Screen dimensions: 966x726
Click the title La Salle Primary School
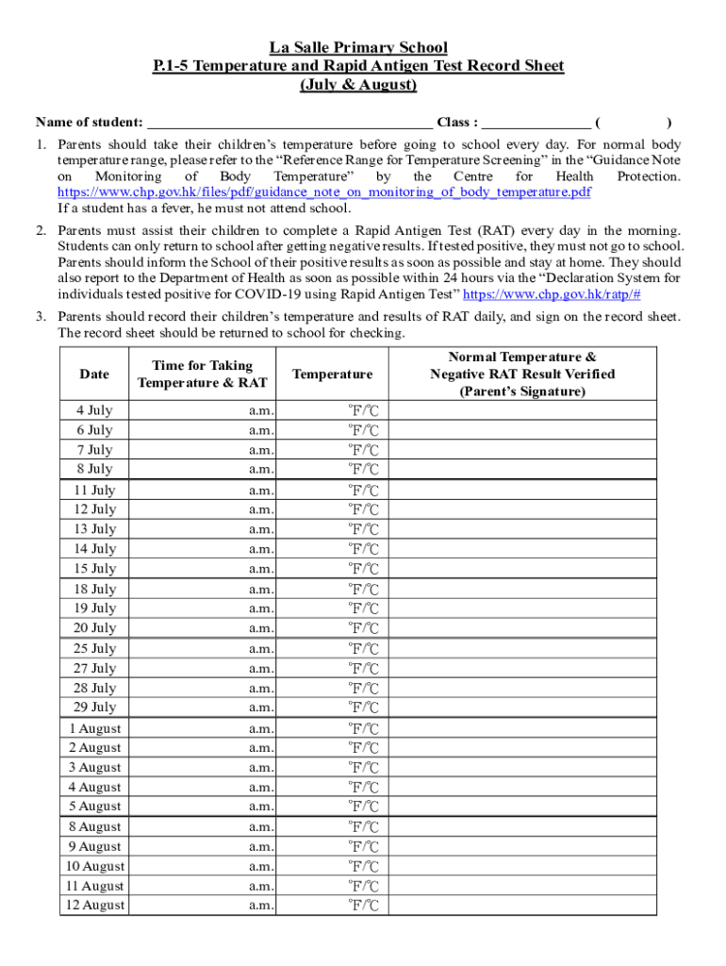click(x=358, y=47)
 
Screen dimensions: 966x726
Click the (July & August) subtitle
click(x=358, y=85)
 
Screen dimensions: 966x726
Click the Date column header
click(x=94, y=375)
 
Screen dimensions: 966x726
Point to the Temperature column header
click(x=333, y=375)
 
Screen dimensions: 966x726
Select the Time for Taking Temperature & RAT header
click(x=202, y=375)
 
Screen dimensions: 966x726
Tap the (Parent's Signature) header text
click(x=522, y=391)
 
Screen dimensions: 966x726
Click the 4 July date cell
click(x=94, y=410)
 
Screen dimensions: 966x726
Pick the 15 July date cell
click(x=94, y=569)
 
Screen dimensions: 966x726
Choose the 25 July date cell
click(x=94, y=649)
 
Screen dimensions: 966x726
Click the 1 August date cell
click(x=94, y=728)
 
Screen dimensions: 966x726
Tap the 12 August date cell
click(x=94, y=906)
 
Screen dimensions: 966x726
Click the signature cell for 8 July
click(x=522, y=469)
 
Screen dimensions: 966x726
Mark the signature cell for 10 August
click(x=522, y=866)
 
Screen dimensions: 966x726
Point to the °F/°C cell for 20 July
click(x=363, y=628)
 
